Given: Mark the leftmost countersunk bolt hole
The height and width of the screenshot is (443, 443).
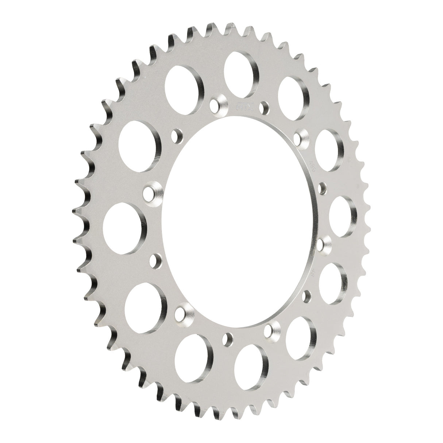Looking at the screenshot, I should [x=150, y=192].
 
